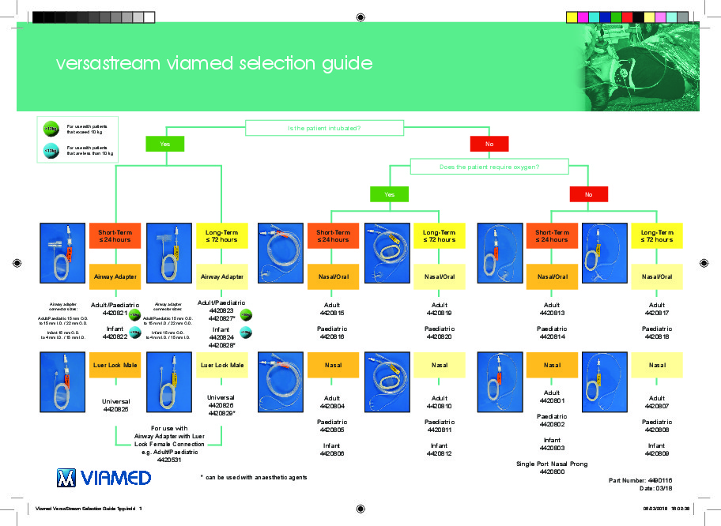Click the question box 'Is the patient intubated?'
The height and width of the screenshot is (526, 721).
tap(327, 127)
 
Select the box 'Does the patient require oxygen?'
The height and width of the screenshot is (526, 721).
tap(489, 167)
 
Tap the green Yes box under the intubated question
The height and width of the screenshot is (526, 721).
tap(165, 145)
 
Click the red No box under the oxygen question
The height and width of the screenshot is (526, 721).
tap(588, 194)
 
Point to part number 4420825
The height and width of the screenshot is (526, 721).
tap(115, 411)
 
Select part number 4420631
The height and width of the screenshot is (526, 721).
tap(170, 459)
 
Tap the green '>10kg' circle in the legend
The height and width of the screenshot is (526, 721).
tap(50, 128)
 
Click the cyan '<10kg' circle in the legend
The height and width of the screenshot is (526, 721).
tap(50, 150)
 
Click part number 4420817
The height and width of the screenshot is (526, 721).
tap(656, 314)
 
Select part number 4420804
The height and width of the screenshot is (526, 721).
tap(332, 407)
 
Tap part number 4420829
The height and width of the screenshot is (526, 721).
tap(220, 413)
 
